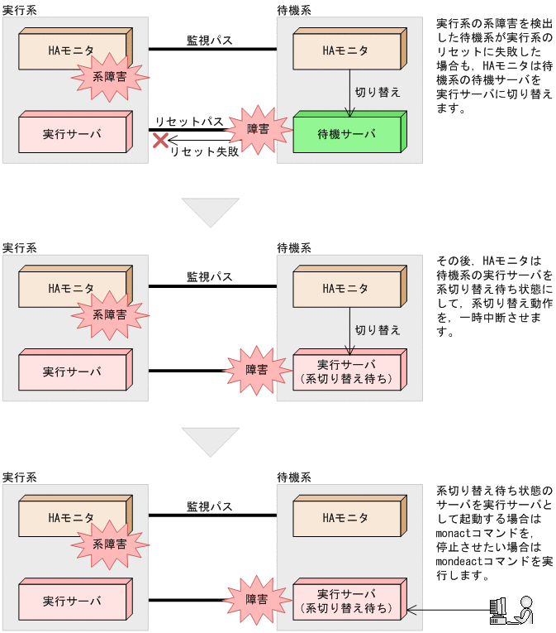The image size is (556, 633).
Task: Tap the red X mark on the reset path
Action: coord(160,141)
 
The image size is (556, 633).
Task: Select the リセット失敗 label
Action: coord(204,151)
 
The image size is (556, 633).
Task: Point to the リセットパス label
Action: coord(189,122)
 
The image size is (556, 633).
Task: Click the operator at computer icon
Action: coord(510,610)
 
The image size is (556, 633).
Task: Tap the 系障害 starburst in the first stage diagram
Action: coord(111,77)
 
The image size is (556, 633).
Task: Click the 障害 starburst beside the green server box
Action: coord(258,129)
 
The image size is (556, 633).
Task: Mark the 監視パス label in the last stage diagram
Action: coord(209,506)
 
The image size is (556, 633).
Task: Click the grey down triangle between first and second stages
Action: coord(210,213)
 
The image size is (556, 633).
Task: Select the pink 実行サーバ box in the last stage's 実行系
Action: coord(72,602)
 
